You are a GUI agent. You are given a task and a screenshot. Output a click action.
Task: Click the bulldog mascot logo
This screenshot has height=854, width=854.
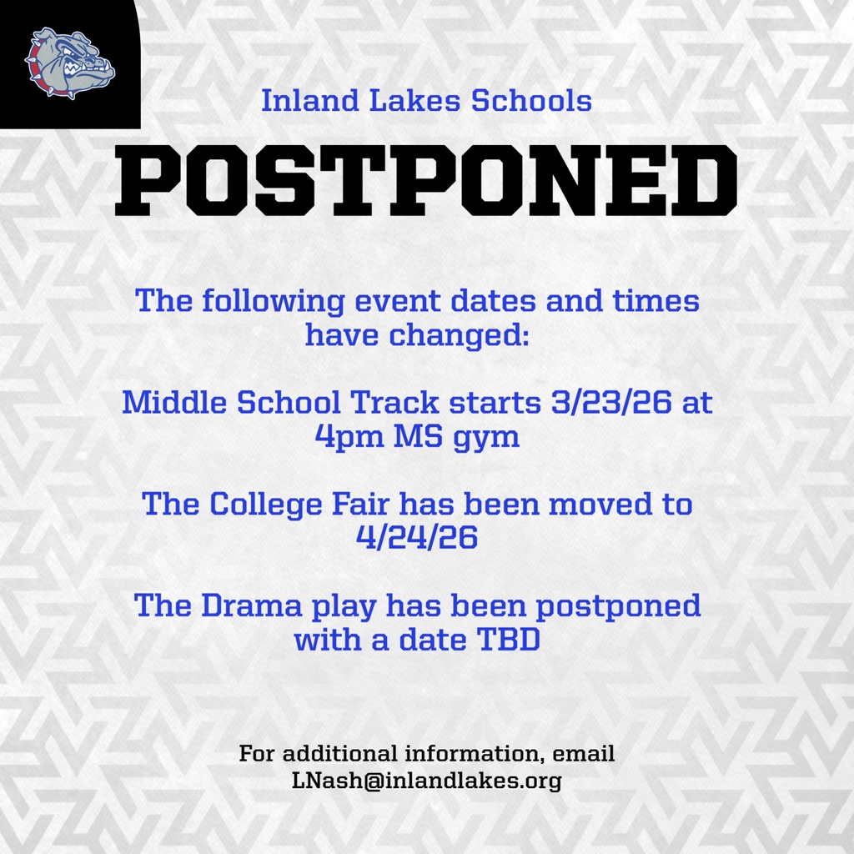(x=70, y=63)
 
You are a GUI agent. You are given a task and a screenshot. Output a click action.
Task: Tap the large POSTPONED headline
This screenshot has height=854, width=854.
(x=426, y=178)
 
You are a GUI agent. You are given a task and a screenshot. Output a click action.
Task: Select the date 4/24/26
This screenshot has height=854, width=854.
(x=416, y=537)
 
